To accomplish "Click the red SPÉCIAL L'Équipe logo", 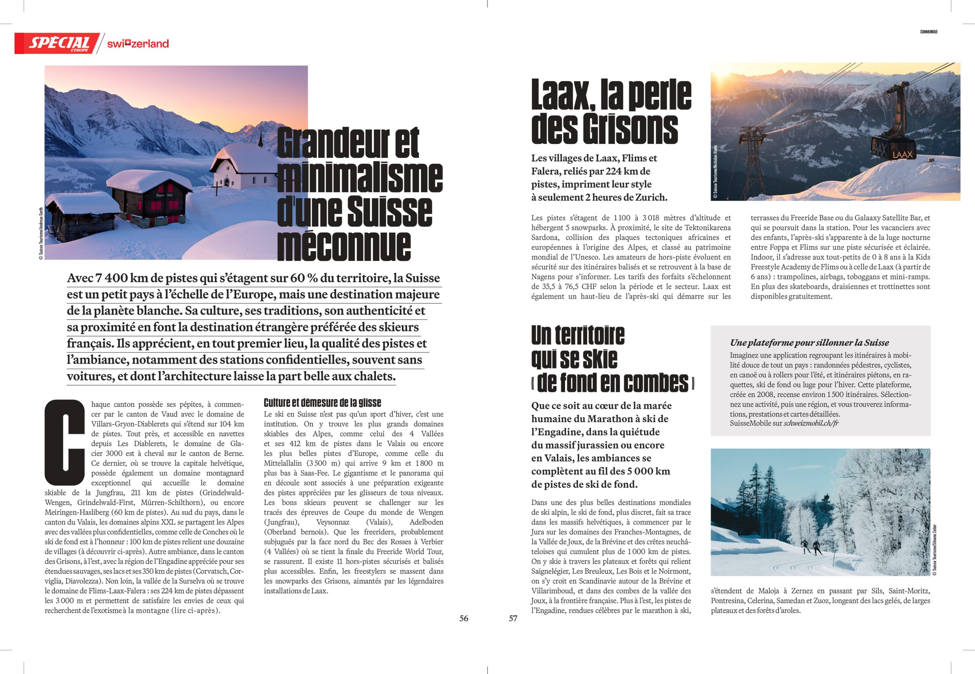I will click(58, 43).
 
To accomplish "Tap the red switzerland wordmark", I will click(137, 43).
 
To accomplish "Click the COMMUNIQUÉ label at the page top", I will click(929, 32).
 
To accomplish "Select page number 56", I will click(464, 618).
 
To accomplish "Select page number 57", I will click(513, 618).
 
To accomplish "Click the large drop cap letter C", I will click(65, 442).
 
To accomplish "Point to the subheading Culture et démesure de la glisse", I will click(322, 402).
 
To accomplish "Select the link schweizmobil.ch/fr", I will click(811, 423).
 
